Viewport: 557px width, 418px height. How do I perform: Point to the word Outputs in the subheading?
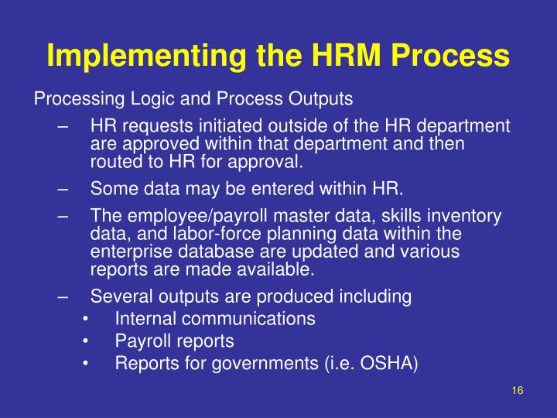tap(321, 99)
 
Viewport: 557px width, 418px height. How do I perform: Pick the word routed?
tap(114, 162)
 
